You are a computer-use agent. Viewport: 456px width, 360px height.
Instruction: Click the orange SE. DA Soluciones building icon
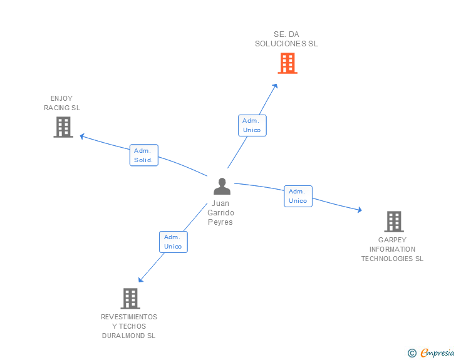[287, 63]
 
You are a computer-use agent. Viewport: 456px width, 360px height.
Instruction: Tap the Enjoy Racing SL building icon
[63, 127]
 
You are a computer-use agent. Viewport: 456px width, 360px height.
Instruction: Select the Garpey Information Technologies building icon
[393, 222]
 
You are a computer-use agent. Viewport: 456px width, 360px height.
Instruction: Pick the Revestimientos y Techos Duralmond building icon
[130, 299]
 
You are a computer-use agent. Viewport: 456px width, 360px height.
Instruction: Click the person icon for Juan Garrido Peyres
[222, 187]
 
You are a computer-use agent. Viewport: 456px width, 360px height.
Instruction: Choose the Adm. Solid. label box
[144, 155]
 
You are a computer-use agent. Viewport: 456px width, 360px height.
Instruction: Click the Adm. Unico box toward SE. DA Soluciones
[252, 125]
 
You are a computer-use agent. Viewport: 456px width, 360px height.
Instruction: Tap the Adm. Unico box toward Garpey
[298, 196]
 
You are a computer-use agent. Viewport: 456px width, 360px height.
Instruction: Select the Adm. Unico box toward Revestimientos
[172, 242]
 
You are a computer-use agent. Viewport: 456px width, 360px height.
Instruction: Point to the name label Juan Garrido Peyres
[220, 213]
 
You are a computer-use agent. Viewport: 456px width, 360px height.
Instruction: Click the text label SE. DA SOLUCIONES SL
[286, 39]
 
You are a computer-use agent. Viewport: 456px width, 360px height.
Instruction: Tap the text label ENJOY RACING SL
[62, 103]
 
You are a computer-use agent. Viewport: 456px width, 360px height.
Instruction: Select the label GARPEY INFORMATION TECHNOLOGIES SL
[392, 249]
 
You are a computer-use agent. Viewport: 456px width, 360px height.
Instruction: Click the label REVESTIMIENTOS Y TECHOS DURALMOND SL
[129, 326]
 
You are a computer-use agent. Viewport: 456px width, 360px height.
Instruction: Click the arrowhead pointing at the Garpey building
[359, 210]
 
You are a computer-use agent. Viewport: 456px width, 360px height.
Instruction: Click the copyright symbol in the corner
[412, 353]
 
